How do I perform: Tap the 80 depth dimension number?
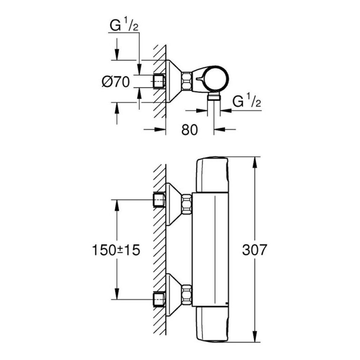pos(190,130)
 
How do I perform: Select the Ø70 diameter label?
pos(115,82)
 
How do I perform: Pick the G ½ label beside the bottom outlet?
pos(247,102)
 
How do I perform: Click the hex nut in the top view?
pos(186,81)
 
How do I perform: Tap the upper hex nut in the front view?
pos(186,204)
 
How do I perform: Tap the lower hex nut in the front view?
pos(186,294)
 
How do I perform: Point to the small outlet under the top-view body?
pos(214,96)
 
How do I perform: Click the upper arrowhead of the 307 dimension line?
pos(255,162)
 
